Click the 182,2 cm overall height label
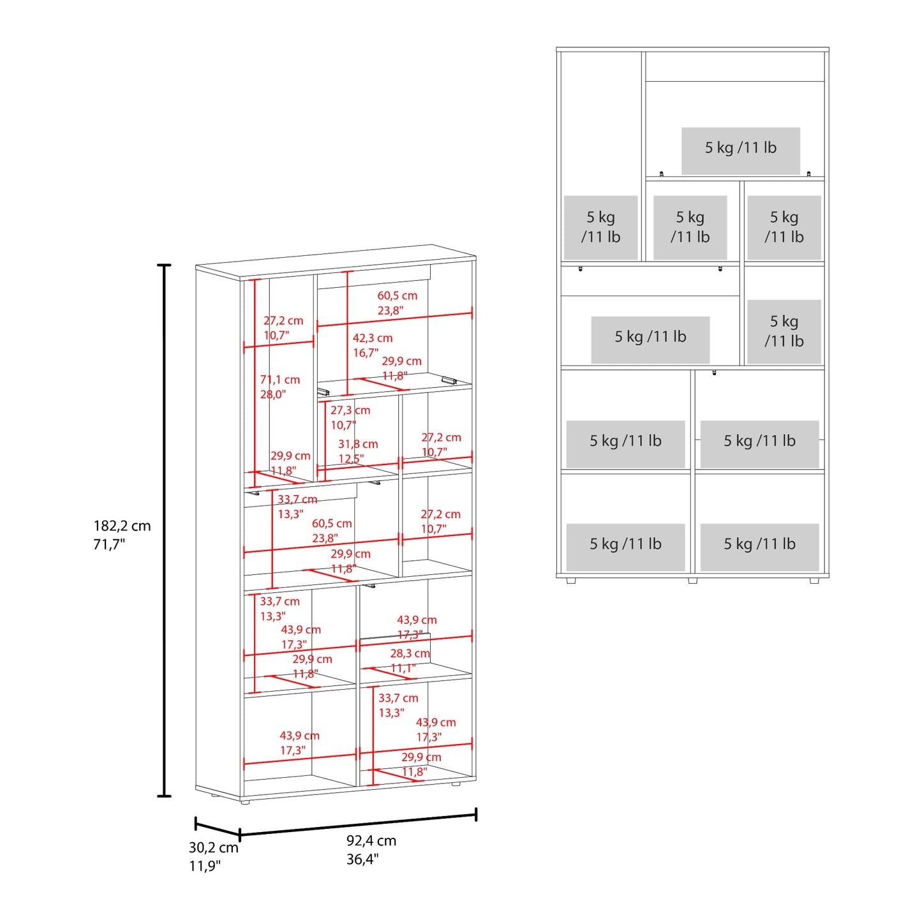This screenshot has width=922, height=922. tap(122, 526)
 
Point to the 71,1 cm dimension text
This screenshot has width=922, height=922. tap(280, 380)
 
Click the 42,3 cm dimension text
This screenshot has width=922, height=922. tap(373, 338)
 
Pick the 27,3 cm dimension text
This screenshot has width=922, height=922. tap(350, 410)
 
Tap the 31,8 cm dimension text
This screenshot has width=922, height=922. tap(358, 444)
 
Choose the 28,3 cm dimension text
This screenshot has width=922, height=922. tap(410, 653)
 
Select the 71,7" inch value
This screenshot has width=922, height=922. tap(109, 544)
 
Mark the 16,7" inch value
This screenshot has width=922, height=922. tap(366, 353)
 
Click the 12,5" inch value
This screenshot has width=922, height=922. tap(351, 459)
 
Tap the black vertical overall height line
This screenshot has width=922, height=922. tap(165, 531)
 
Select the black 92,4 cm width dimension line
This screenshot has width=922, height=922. tap(358, 824)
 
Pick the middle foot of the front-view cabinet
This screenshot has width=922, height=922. tap(692, 581)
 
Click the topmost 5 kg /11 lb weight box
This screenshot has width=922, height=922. tap(741, 151)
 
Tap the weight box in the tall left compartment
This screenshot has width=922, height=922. tap(601, 228)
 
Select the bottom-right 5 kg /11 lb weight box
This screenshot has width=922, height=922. tap(760, 547)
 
